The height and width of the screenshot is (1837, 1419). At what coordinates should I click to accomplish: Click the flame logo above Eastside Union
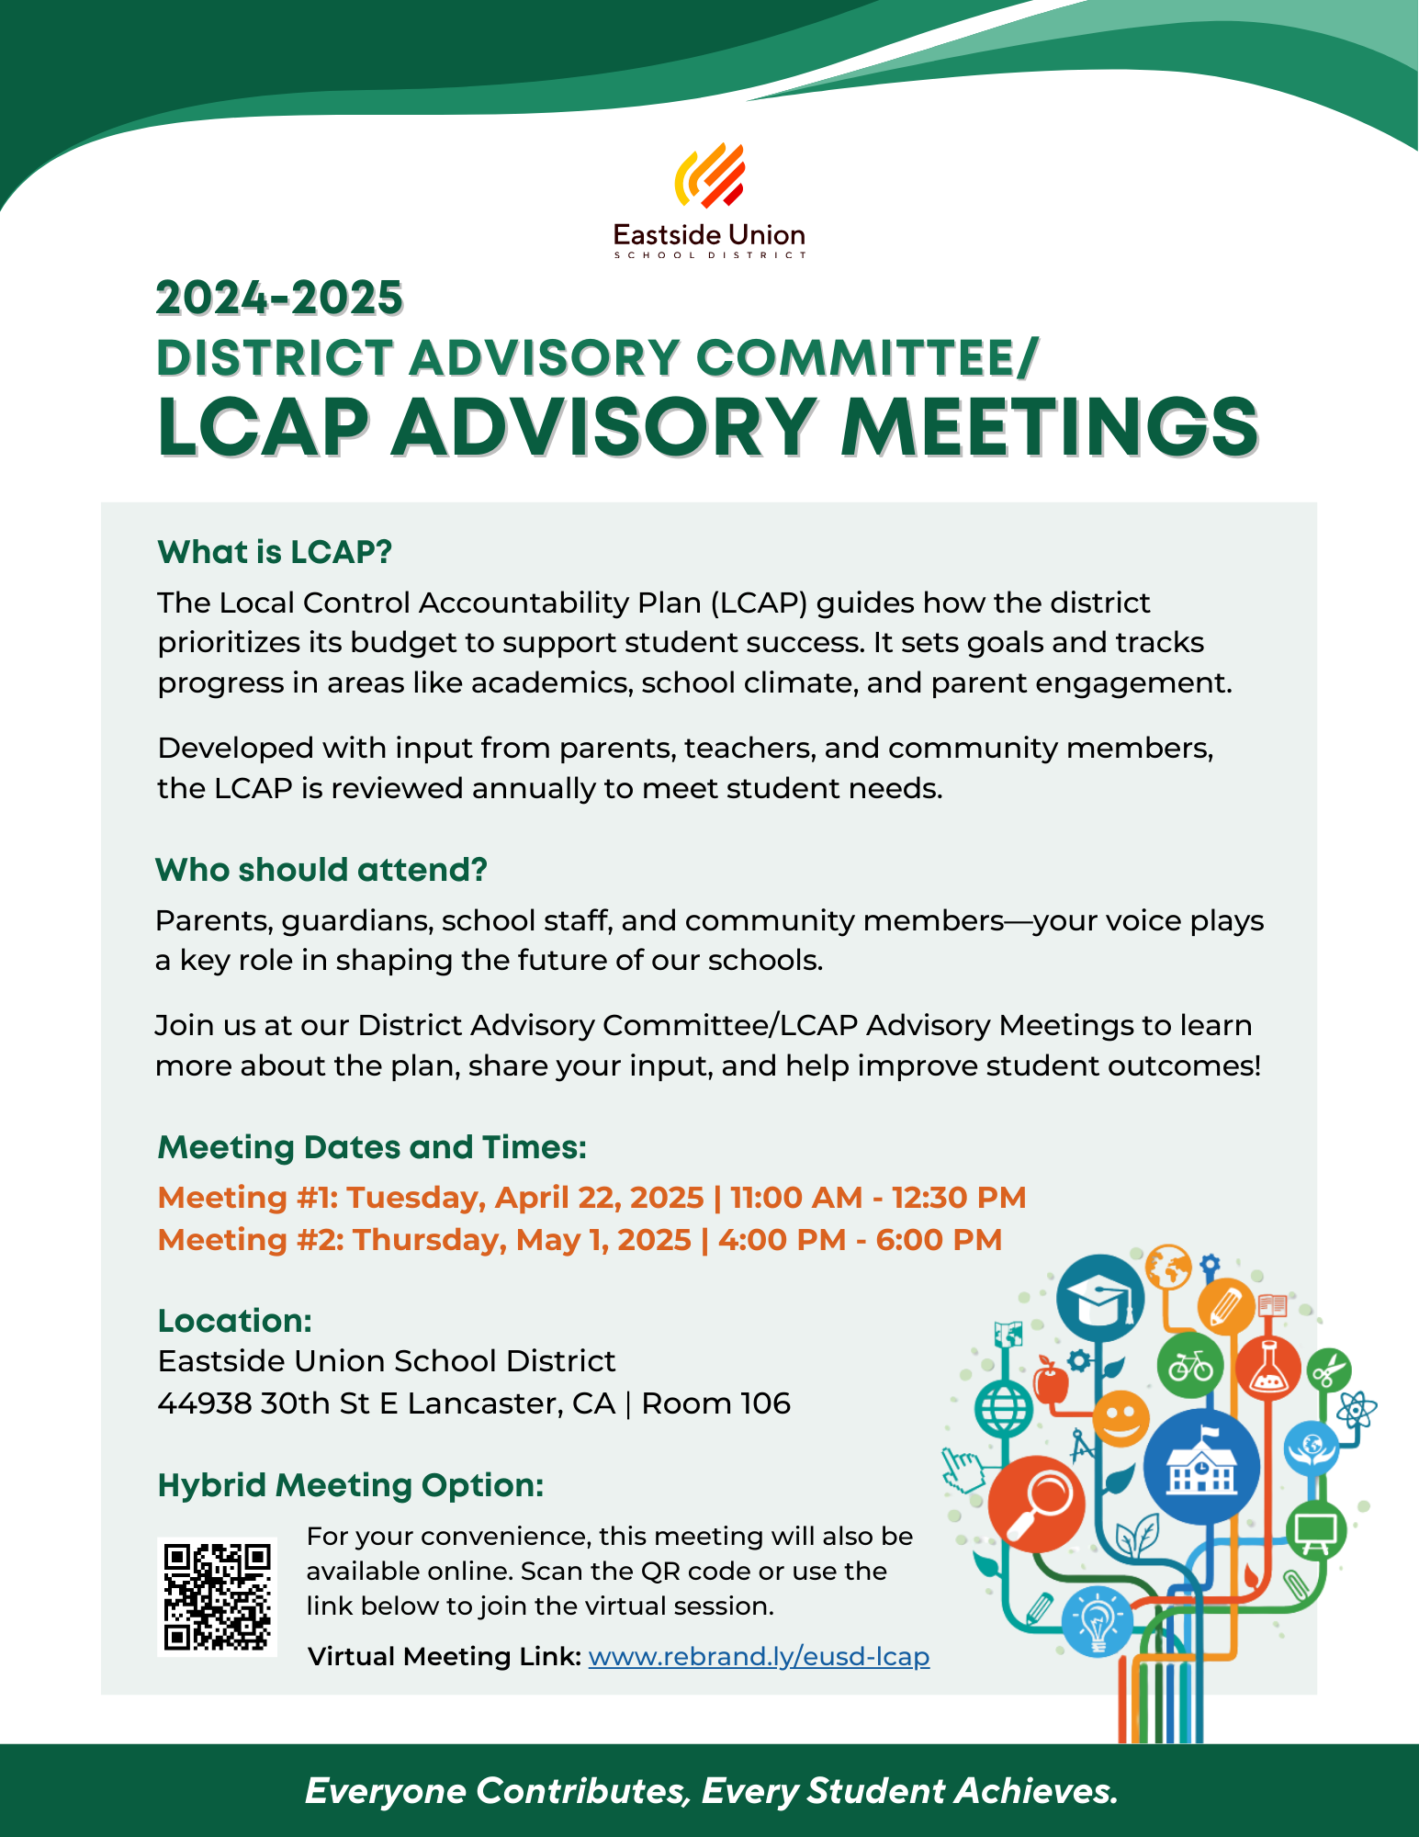coord(709,176)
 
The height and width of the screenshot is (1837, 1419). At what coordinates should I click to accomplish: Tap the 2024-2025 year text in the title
coord(279,298)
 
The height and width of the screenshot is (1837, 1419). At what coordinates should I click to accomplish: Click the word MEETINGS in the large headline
coord(1049,428)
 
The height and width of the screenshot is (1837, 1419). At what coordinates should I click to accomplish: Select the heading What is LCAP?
coord(275,552)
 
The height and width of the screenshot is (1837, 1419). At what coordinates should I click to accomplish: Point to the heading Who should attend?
coord(321,869)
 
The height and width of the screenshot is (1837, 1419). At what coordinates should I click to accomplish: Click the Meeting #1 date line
coord(591,1197)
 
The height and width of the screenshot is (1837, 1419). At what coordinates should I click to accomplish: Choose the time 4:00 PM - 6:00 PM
coord(860,1239)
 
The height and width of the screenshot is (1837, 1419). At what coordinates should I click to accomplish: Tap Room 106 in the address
coord(715,1403)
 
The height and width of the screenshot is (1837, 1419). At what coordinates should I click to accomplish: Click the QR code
coord(217,1596)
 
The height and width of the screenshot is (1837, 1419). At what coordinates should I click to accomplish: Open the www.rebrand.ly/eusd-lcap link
coord(759,1656)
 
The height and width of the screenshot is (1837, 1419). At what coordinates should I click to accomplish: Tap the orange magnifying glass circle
coord(1036,1504)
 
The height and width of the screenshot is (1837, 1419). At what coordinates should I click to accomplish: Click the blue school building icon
coord(1201,1467)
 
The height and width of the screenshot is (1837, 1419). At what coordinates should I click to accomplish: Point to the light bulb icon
coord(1097,1621)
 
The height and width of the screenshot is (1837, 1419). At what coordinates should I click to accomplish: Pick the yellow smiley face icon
coord(1121,1417)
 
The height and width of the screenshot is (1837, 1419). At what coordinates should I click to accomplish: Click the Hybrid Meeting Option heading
coord(351,1484)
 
